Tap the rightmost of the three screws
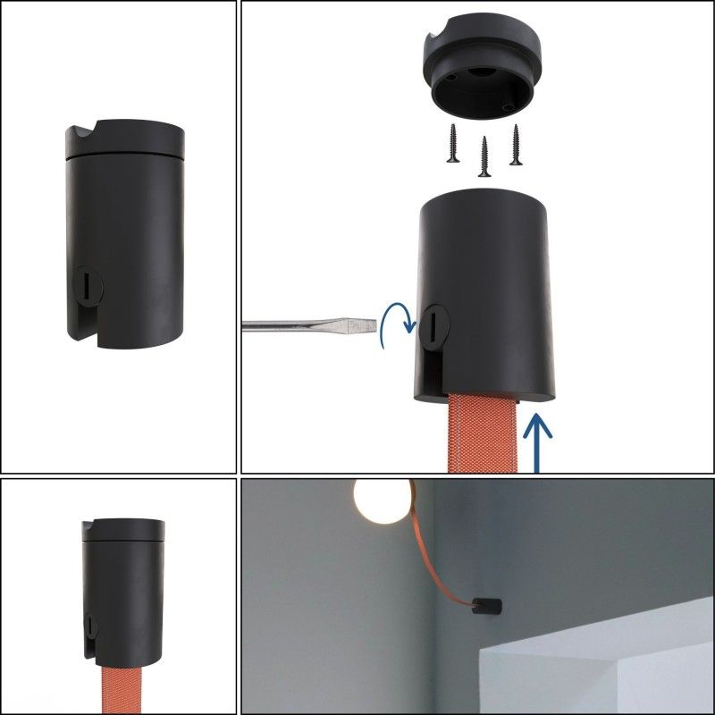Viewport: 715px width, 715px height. [516, 143]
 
